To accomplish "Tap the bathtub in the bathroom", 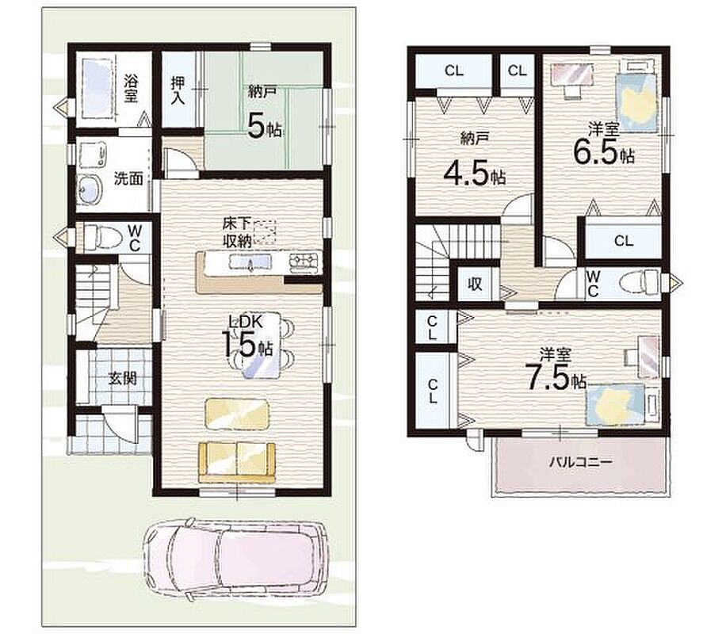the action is click(97, 88).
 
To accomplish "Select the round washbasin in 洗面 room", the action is click(90, 190).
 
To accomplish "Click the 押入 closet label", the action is click(178, 90).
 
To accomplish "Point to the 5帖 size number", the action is click(265, 126).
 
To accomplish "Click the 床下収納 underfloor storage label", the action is click(237, 232).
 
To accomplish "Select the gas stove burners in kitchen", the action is click(305, 263).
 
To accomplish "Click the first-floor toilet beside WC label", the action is click(103, 238).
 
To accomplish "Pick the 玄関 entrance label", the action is click(123, 378).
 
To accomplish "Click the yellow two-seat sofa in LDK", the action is click(237, 462).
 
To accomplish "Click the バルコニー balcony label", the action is click(581, 462).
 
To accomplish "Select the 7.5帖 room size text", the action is click(555, 377).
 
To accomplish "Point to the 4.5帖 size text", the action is click(474, 174).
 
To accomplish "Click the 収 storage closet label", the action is click(475, 284).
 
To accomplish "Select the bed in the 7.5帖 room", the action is click(622, 404).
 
